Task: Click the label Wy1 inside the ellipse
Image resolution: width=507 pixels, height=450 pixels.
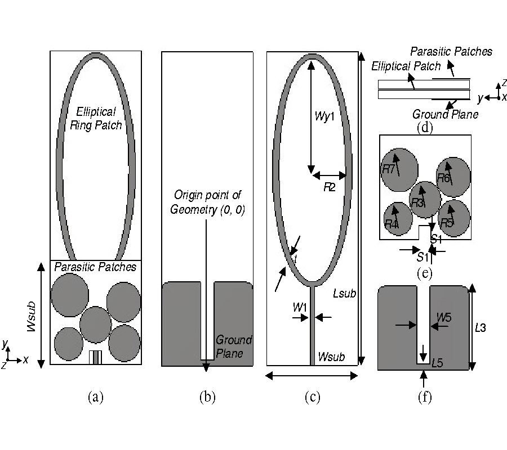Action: click(324, 119)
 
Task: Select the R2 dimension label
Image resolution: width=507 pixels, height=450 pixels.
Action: click(329, 187)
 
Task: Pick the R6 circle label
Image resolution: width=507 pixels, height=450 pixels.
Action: click(443, 178)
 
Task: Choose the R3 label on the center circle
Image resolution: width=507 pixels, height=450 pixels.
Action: click(417, 203)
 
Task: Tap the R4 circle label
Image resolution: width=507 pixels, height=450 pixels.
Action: click(391, 224)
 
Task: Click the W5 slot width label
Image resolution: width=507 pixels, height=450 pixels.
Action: click(444, 318)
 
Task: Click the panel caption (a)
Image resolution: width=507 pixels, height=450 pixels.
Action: click(96, 397)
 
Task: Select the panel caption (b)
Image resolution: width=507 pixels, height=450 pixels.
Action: click(207, 397)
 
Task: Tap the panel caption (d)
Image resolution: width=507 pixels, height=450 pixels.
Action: click(424, 127)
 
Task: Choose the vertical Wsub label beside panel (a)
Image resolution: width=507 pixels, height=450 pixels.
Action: click(32, 315)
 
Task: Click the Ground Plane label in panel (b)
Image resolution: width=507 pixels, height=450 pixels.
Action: click(233, 346)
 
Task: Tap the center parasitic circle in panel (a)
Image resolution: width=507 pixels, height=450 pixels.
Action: click(95, 322)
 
